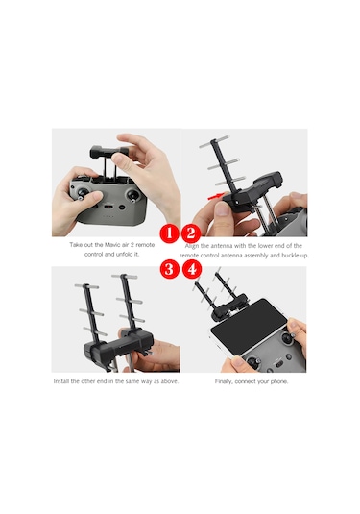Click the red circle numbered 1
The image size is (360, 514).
[167, 233]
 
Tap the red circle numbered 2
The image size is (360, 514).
[190, 233]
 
